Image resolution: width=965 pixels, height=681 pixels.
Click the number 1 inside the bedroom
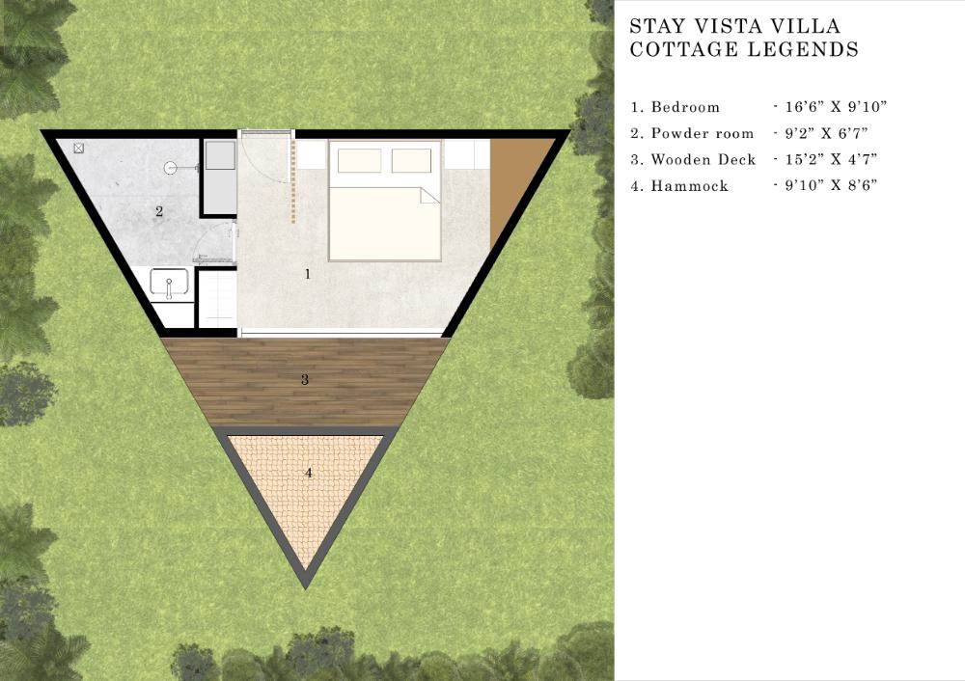click(308, 274)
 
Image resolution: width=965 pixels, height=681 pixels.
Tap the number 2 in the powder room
click(159, 211)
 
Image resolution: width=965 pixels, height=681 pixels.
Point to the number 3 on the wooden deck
click(305, 379)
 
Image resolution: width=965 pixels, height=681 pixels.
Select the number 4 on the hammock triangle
click(309, 473)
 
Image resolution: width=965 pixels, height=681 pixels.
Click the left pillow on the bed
click(359, 160)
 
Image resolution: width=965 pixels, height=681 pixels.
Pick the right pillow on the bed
click(411, 160)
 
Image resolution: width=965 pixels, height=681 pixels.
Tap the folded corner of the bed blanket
click(429, 195)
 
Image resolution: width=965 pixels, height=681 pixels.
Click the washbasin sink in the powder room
click(169, 283)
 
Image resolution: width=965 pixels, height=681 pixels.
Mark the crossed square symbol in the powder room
click(79, 148)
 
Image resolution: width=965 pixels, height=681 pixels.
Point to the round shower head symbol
click(171, 167)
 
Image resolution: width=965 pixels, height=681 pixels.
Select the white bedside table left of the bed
click(312, 153)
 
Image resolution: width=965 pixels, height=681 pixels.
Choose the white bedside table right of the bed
click(467, 153)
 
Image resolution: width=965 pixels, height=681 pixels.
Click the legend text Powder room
click(703, 133)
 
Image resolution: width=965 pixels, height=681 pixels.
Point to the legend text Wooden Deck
click(703, 160)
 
